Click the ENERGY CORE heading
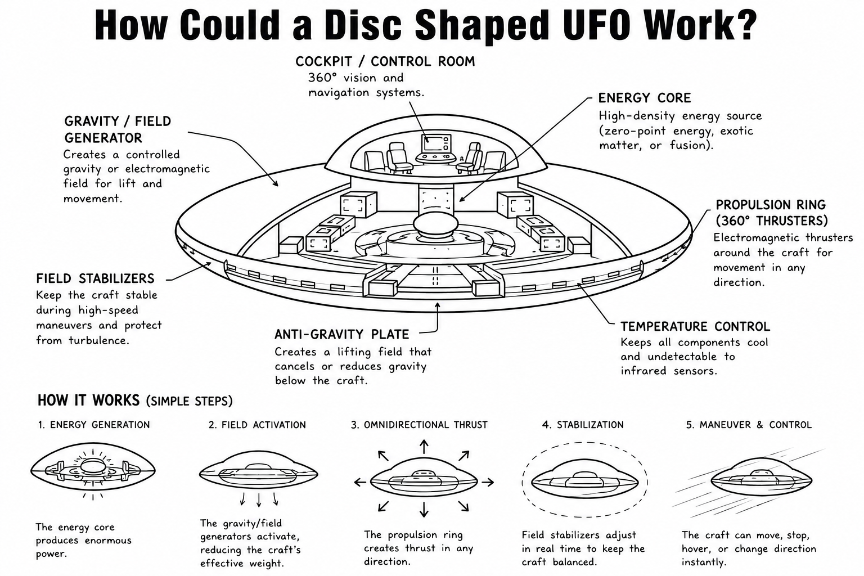coord(645,98)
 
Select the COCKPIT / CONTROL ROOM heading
coord(385,61)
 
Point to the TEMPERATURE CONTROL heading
coord(695,326)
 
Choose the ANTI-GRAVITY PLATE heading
coord(342,334)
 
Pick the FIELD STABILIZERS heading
coord(95,278)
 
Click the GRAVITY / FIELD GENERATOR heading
coord(118,129)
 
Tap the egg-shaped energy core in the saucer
coord(435,226)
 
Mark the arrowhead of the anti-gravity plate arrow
coord(437,305)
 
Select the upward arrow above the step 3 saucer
coord(424,447)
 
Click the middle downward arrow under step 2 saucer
coord(259,499)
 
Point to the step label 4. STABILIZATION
coord(583,425)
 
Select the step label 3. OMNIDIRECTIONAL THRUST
coord(419,425)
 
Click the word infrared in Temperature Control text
coord(643,371)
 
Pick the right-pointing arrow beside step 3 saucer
coord(488,482)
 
